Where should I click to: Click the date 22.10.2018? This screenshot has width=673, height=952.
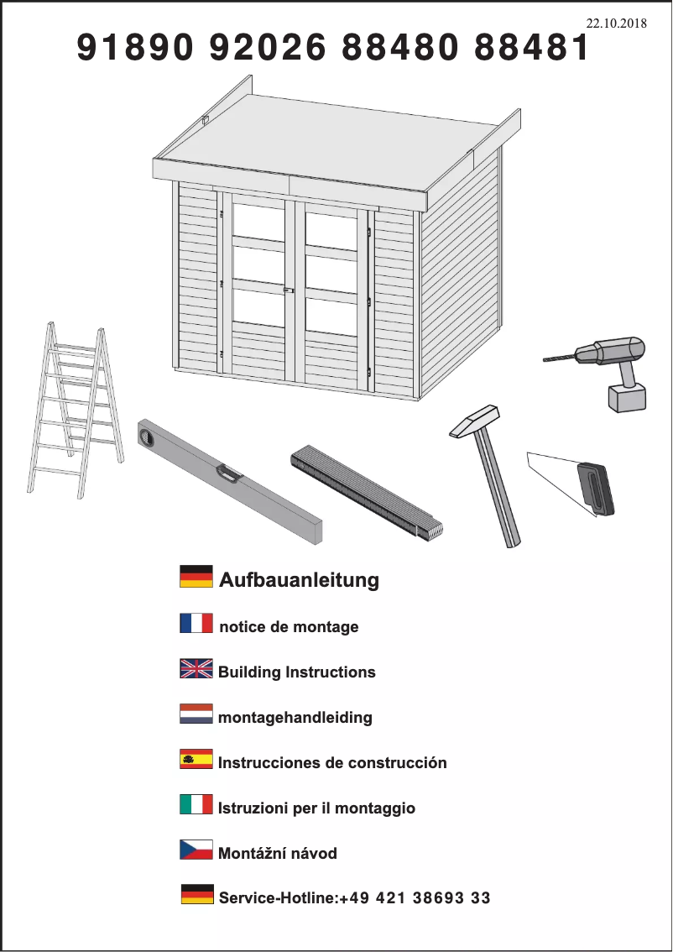pos(616,24)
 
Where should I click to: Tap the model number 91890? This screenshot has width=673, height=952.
pos(135,47)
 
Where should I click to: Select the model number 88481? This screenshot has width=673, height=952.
pos(531,47)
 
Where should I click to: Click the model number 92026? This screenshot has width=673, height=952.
pos(267,47)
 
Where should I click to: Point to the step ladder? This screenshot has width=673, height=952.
pos(76,410)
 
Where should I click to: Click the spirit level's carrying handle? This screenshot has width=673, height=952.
pos(229,473)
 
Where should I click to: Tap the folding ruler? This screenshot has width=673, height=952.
pos(367,492)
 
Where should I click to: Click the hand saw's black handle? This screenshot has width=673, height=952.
pos(595,489)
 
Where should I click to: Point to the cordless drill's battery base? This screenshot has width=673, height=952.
pos(627,398)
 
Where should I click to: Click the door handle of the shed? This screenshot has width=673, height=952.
pos(289,290)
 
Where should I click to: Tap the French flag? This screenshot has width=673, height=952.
pos(196,624)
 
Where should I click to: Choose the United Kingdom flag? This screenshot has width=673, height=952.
pos(196,668)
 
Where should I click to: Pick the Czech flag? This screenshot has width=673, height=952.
pos(196,850)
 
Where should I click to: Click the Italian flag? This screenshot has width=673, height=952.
pos(196,804)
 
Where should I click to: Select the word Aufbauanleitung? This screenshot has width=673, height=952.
pos(300,580)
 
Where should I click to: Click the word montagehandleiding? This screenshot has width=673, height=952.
pos(295,718)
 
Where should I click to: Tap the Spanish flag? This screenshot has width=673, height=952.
pos(196,759)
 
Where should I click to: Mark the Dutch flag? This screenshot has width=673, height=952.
pos(196,714)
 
